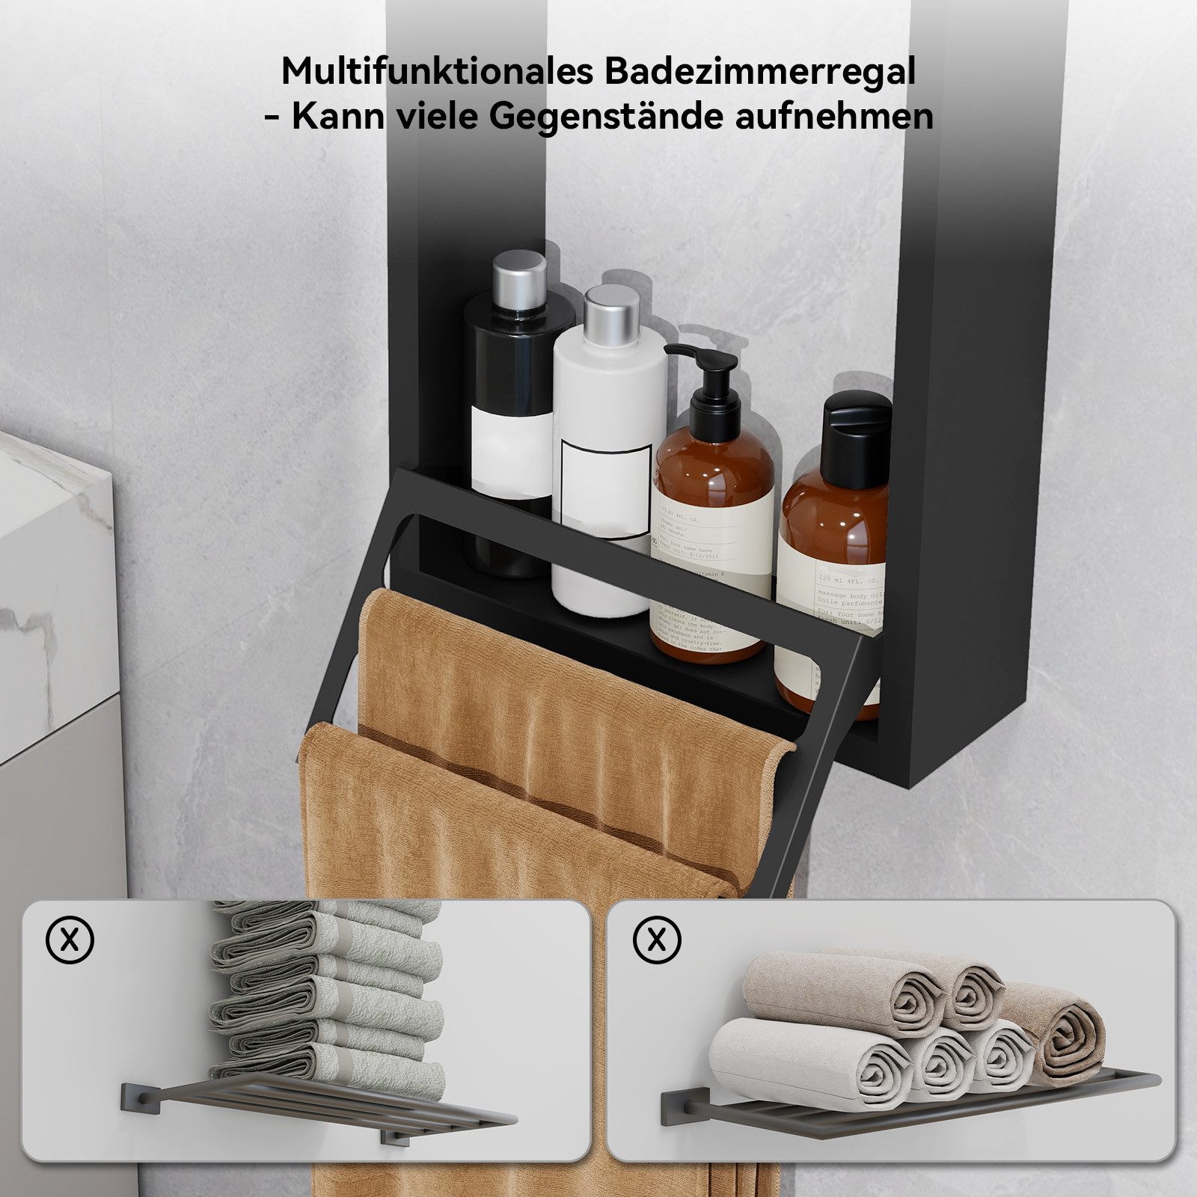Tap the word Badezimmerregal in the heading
759,72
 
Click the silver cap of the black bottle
519,272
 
